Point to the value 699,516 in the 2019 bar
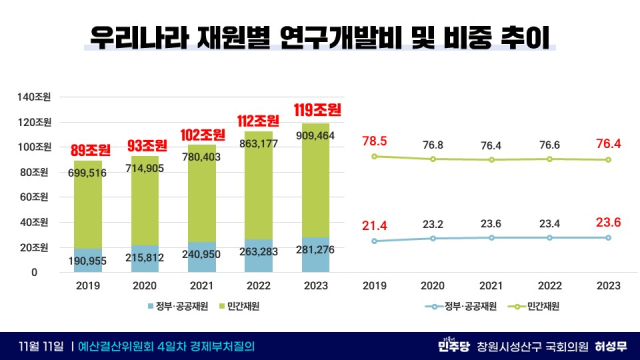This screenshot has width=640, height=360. tap(101, 174)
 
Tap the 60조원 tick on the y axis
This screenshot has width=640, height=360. tap(38, 197)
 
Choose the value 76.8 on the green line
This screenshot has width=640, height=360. tap(432, 145)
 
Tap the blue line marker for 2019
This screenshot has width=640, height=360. tap(374, 241)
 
